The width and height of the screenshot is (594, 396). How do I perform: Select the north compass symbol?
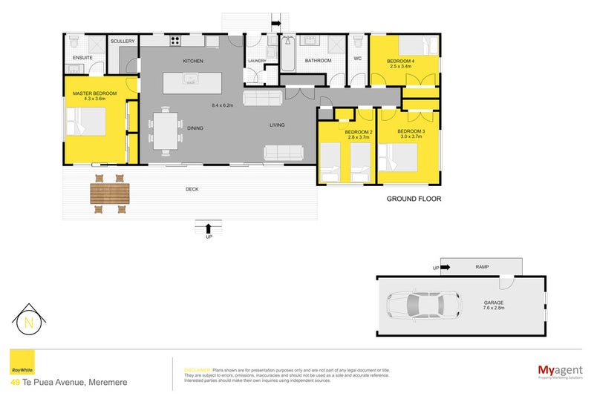point(29,322)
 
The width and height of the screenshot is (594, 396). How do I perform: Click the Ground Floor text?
point(414,199)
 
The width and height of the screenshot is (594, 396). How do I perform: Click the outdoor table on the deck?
point(109,194)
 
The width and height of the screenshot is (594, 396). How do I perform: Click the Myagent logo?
point(558,370)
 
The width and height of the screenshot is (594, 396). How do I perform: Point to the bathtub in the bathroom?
point(288,53)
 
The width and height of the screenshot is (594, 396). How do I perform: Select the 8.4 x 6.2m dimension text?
point(222,105)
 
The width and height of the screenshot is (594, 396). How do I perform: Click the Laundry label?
point(257,61)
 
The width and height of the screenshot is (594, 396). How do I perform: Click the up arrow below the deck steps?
point(209,228)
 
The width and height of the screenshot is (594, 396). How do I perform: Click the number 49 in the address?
point(15,382)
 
